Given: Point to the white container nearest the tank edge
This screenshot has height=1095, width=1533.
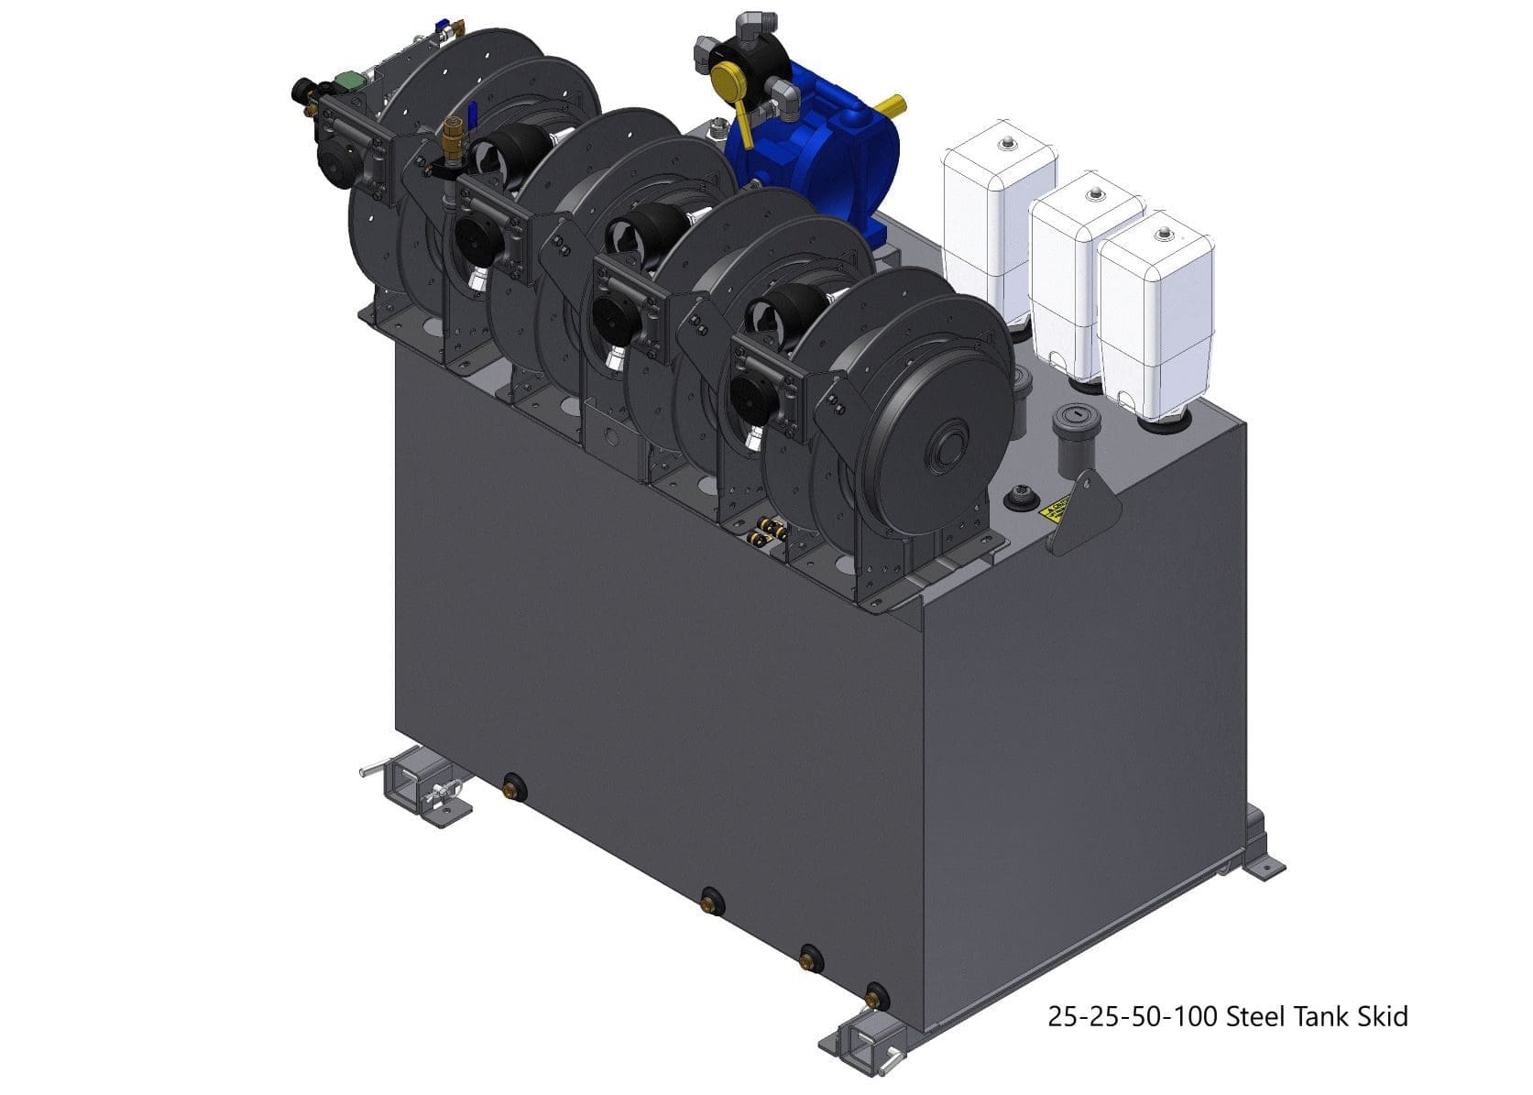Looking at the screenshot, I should pyautogui.click(x=1156, y=316).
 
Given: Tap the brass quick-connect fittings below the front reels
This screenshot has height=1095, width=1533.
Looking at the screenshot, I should pyautogui.click(x=766, y=531).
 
